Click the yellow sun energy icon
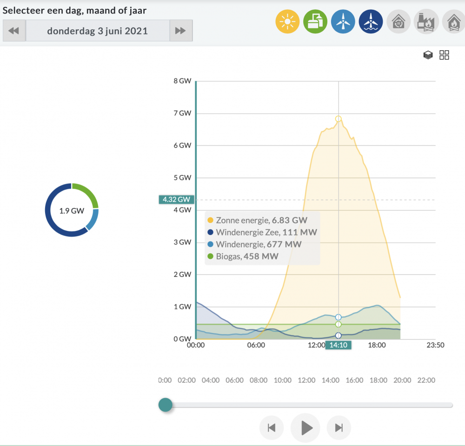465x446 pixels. (x=287, y=22)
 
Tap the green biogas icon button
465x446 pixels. (x=315, y=22)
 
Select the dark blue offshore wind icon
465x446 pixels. (x=371, y=22)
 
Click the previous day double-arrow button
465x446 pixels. (x=14, y=31)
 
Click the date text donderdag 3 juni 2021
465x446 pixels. (x=97, y=31)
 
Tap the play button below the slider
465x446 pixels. (x=306, y=428)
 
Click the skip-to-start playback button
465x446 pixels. (x=272, y=428)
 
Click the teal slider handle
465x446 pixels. (x=166, y=405)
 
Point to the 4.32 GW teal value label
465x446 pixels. (x=176, y=199)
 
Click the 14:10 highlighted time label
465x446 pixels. (x=339, y=345)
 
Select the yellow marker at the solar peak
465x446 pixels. (x=339, y=119)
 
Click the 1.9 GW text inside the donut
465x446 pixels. (x=72, y=211)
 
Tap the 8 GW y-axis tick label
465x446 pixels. (x=182, y=81)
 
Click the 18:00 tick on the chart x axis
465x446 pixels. (x=377, y=345)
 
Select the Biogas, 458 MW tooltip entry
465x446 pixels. (x=243, y=256)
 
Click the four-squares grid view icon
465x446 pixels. (x=444, y=55)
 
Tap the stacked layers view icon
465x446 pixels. (x=428, y=55)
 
